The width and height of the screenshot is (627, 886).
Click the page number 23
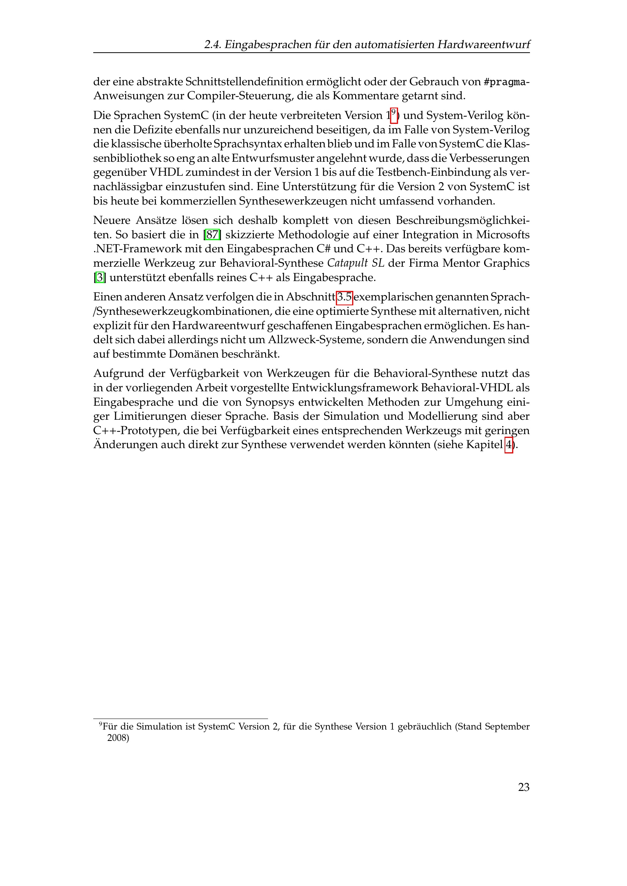pos(524,787)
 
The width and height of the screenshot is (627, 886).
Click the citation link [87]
pos(212,234)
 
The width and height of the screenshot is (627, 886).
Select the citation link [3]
pos(100,277)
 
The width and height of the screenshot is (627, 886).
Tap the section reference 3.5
pos(344,297)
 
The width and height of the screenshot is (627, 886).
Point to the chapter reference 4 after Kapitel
pos(508,445)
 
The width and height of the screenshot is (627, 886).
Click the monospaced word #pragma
pos(505,82)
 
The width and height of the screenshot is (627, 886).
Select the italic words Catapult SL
pos(356,263)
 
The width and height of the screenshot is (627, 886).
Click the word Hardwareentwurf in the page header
pos(483,45)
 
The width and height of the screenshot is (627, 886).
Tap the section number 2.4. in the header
pos(212,45)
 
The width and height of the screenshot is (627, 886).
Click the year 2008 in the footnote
pos(118,738)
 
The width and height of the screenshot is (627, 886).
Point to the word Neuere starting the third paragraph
pos(111,220)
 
